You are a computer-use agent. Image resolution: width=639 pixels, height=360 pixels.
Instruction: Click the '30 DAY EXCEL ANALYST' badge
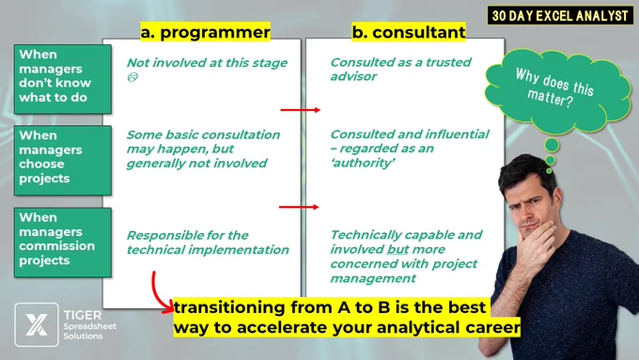(x=560, y=15)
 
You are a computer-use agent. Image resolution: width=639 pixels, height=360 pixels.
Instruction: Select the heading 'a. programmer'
(x=206, y=32)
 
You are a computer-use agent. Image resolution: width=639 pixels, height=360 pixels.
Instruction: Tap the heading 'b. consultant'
(x=409, y=32)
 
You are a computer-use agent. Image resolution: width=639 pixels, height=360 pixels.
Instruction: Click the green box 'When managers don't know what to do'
(x=63, y=79)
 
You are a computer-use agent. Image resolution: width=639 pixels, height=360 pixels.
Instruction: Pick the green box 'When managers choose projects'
(x=63, y=160)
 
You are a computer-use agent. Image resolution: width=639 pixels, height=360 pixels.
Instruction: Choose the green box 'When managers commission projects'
(x=63, y=243)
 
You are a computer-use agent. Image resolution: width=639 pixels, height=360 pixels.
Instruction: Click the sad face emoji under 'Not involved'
(x=132, y=77)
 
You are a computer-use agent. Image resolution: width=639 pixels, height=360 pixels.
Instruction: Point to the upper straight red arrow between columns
(x=301, y=110)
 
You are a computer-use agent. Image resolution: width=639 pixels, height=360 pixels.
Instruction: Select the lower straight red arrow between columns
(x=299, y=207)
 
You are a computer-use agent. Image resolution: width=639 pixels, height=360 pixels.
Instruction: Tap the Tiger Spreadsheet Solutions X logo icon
(x=37, y=324)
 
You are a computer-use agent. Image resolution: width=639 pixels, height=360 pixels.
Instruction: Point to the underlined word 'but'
(x=397, y=249)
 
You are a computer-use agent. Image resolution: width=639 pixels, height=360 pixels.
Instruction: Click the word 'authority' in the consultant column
(x=363, y=163)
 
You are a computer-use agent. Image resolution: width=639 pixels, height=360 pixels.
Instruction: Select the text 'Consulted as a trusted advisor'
(x=400, y=69)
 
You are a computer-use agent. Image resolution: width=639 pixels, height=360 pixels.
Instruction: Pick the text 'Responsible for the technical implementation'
(x=208, y=243)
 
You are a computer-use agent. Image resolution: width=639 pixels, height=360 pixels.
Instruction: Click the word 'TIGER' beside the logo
(x=83, y=315)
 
